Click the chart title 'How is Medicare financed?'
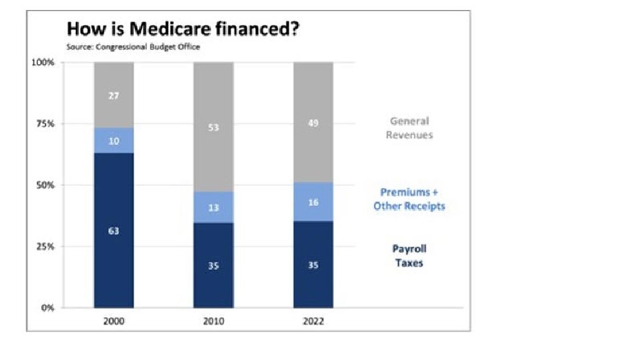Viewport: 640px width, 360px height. coord(181,30)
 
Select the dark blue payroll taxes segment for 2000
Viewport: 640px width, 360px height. coord(114,231)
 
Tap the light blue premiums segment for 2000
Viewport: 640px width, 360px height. coord(114,141)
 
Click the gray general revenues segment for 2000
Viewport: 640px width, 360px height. coord(114,95)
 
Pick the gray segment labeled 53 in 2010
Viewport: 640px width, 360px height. coord(213,127)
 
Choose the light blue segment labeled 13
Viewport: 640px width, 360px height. coord(213,207)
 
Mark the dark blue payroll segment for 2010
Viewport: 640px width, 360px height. coord(213,265)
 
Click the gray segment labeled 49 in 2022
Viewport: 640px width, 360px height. coord(313,123)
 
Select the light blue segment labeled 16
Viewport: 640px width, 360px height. coord(313,202)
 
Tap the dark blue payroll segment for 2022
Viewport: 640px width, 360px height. coord(313,265)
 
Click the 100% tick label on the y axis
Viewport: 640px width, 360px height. coord(43,63)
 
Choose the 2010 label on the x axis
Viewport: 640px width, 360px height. coord(213,321)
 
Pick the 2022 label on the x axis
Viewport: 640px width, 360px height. coord(313,321)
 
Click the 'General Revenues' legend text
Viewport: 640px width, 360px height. coord(409,128)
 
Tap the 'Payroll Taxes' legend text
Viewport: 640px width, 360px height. coord(409,256)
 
